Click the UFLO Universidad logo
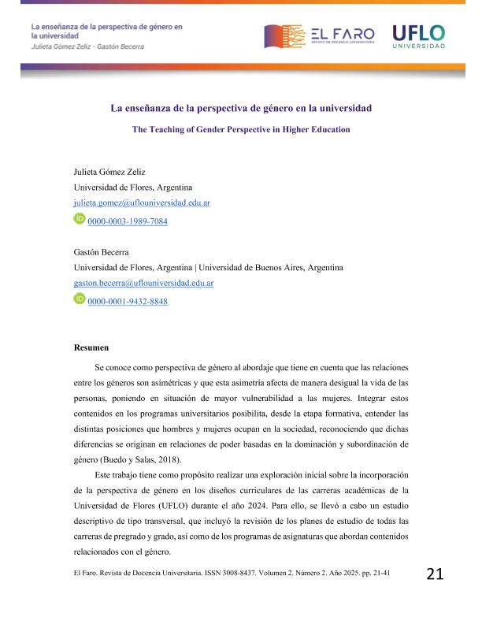(420, 35)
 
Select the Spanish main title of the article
(240, 108)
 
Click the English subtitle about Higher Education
(240, 128)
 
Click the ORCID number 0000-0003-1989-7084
(128, 222)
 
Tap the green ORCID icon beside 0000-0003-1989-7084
(79, 221)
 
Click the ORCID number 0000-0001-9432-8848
(128, 302)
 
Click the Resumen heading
(91, 347)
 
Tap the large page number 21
(435, 573)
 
